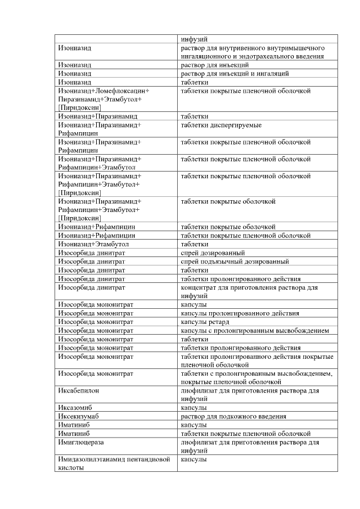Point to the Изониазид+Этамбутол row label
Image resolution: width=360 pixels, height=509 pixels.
(x=93, y=245)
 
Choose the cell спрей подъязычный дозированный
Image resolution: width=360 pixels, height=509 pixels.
(x=235, y=262)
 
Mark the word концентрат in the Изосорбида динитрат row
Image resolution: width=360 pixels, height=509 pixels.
(x=197, y=287)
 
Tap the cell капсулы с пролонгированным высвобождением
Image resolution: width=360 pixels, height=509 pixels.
(x=254, y=330)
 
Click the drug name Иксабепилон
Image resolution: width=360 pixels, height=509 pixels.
(x=79, y=390)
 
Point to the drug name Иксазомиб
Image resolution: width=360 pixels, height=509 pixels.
(x=76, y=407)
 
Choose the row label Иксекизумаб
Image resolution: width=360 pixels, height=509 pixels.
(x=80, y=416)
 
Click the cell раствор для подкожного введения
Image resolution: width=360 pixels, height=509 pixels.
(x=233, y=416)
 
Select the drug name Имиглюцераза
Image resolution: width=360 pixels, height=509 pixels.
(x=82, y=442)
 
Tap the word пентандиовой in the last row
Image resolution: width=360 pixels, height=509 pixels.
(x=150, y=460)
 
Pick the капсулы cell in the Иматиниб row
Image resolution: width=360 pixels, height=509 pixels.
(x=193, y=425)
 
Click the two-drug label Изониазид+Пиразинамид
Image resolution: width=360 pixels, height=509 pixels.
(x=97, y=116)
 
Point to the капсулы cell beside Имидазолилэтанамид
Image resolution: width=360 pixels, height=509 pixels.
(x=193, y=460)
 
